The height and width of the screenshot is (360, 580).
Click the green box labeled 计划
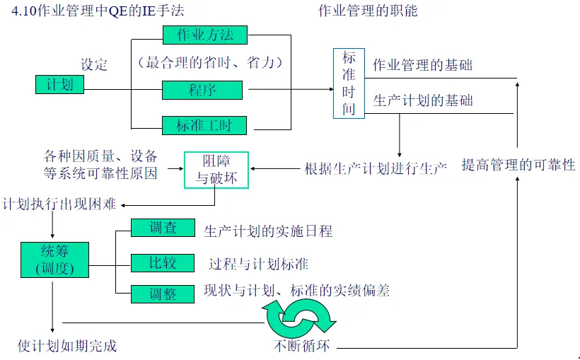pyautogui.click(x=60, y=85)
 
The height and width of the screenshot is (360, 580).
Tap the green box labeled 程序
pyautogui.click(x=202, y=90)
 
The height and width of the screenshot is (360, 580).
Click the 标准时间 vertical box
pyautogui.click(x=349, y=83)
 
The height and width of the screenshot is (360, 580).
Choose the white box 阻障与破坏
pyautogui.click(x=216, y=169)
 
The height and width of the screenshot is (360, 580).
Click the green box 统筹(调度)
pyautogui.click(x=54, y=260)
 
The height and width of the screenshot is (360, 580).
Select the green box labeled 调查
pyautogui.click(x=163, y=228)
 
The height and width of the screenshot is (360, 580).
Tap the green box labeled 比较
pyautogui.click(x=163, y=264)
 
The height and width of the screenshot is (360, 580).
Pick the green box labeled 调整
pyautogui.click(x=163, y=294)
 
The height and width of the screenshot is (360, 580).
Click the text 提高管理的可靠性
pyautogui.click(x=518, y=166)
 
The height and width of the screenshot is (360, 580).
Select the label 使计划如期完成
pyautogui.click(x=67, y=346)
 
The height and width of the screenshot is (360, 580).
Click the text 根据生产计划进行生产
pyautogui.click(x=376, y=169)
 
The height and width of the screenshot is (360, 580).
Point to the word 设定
pyautogui.click(x=94, y=65)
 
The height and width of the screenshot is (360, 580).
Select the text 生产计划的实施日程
pyautogui.click(x=268, y=231)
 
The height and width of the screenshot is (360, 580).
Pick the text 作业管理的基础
pyautogui.click(x=423, y=66)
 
